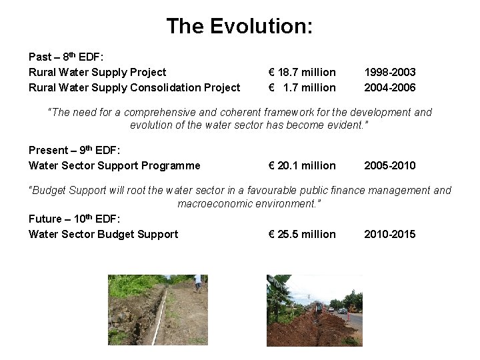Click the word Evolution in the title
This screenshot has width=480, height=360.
coord(261,26)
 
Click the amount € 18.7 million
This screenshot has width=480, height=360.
coord(302,72)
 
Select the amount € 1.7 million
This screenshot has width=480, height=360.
coord(302,87)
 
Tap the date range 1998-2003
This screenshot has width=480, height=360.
coord(389,72)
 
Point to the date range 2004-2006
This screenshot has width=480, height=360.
coord(389,87)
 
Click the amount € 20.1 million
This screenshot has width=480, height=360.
coord(302,165)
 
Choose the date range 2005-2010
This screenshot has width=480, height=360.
coord(389,165)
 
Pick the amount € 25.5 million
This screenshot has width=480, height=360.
coord(302,234)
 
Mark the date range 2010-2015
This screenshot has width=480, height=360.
coord(389,234)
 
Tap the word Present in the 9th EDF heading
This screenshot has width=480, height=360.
coord(49,150)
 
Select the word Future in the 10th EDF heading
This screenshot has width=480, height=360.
coord(45,219)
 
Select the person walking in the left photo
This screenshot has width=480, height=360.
coord(197,284)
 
